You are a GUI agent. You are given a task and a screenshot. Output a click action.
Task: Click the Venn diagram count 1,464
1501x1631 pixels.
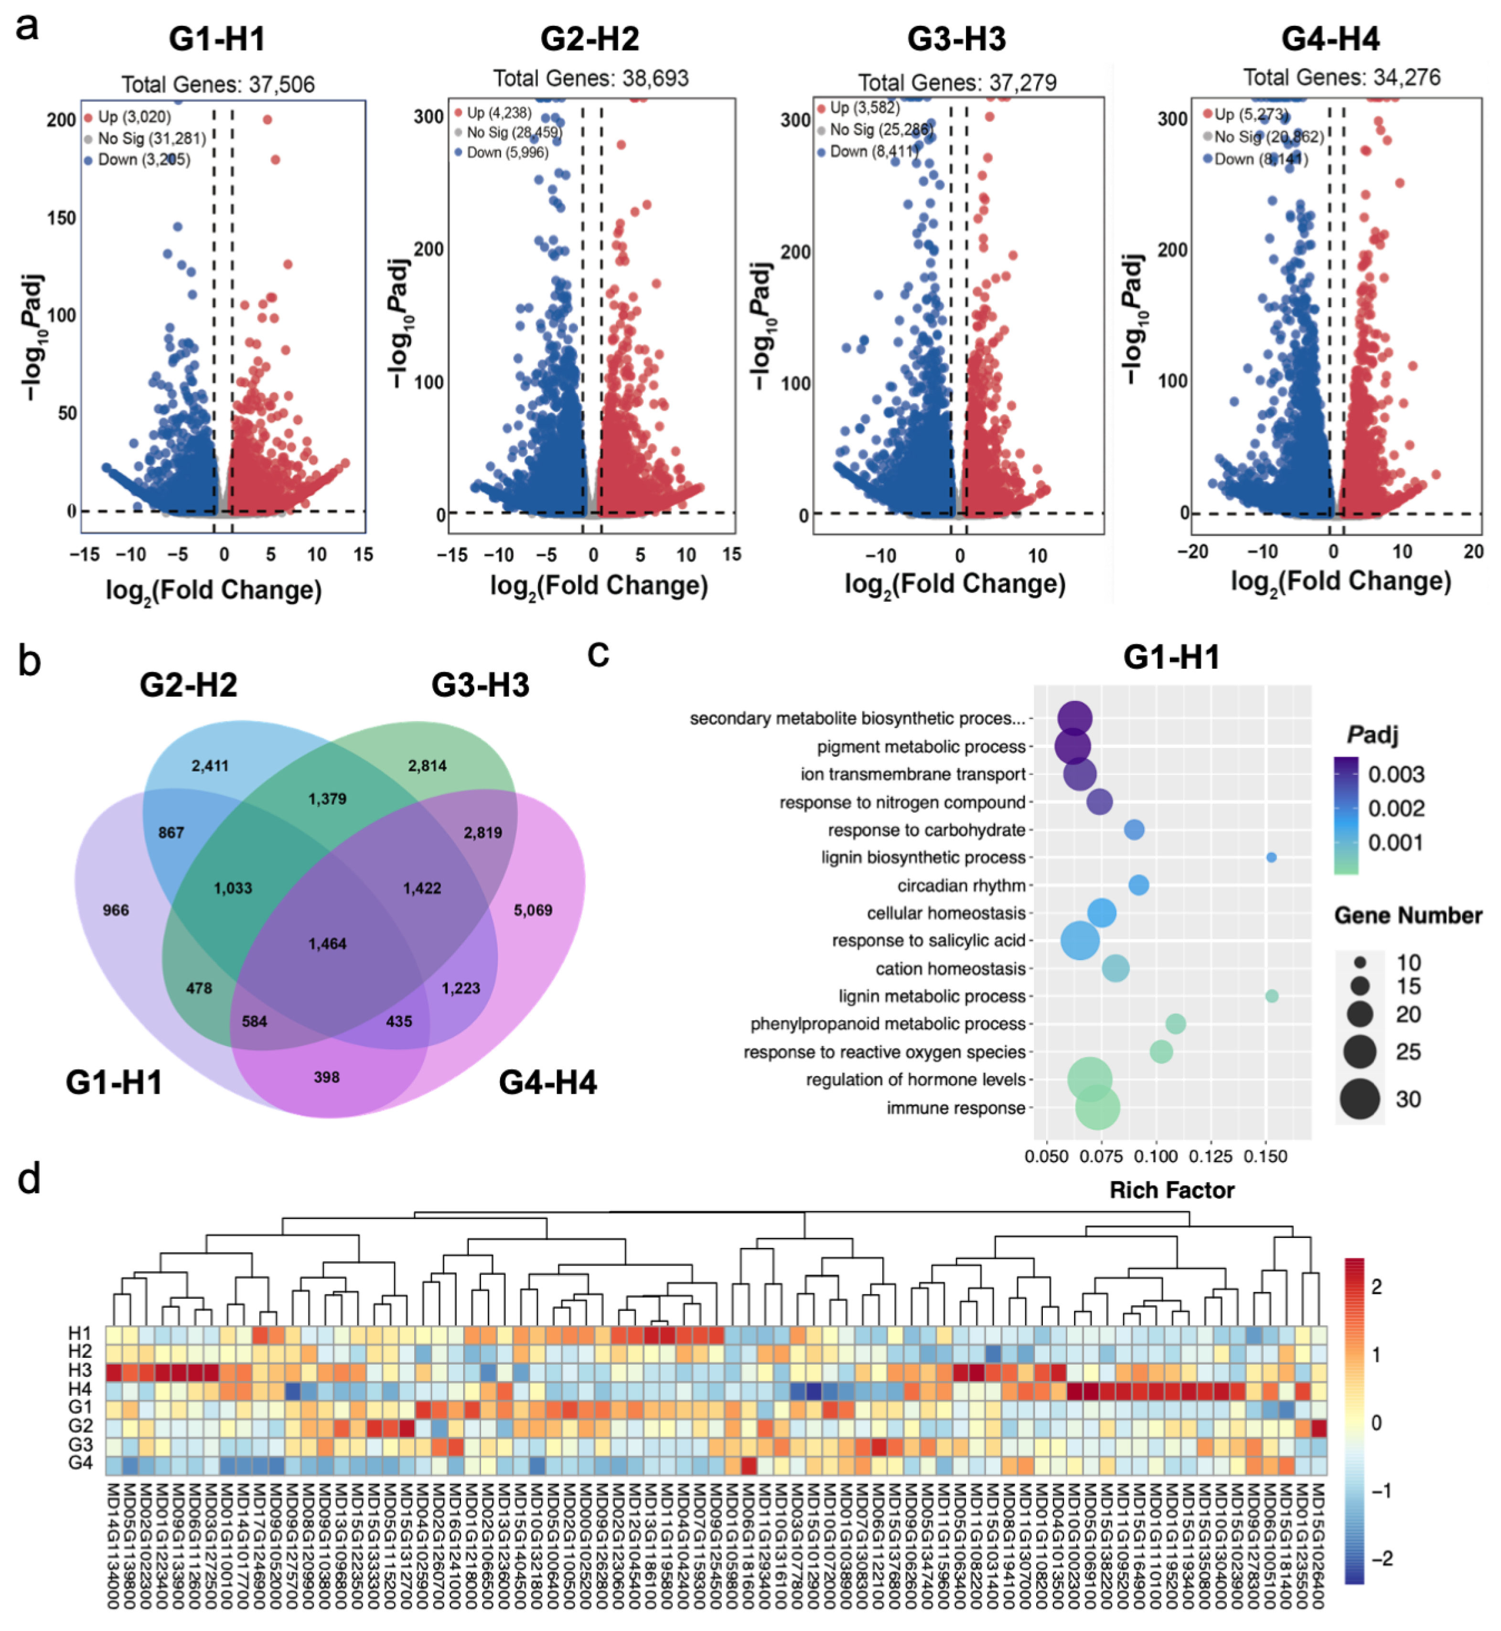(x=327, y=943)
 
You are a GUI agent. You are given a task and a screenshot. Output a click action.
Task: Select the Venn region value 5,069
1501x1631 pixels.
(x=533, y=910)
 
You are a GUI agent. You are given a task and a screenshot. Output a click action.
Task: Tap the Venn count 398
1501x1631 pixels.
(x=326, y=1077)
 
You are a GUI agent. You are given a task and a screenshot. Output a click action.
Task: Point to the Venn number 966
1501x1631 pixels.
(x=115, y=910)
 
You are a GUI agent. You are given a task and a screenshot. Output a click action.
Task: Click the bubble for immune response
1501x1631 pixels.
(x=1097, y=1108)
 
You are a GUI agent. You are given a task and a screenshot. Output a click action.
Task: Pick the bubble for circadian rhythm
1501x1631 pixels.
(x=1139, y=885)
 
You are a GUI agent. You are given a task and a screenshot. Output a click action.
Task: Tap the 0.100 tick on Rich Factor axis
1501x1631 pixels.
(x=1156, y=1156)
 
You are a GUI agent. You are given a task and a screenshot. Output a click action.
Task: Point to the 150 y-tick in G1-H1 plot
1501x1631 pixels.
(x=61, y=218)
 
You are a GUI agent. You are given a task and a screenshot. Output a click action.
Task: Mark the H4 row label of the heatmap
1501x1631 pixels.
(x=80, y=1389)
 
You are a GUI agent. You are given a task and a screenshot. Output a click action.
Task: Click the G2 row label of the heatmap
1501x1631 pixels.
(x=80, y=1427)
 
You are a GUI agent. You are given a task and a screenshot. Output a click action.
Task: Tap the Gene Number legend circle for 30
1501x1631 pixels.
(x=1360, y=1099)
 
